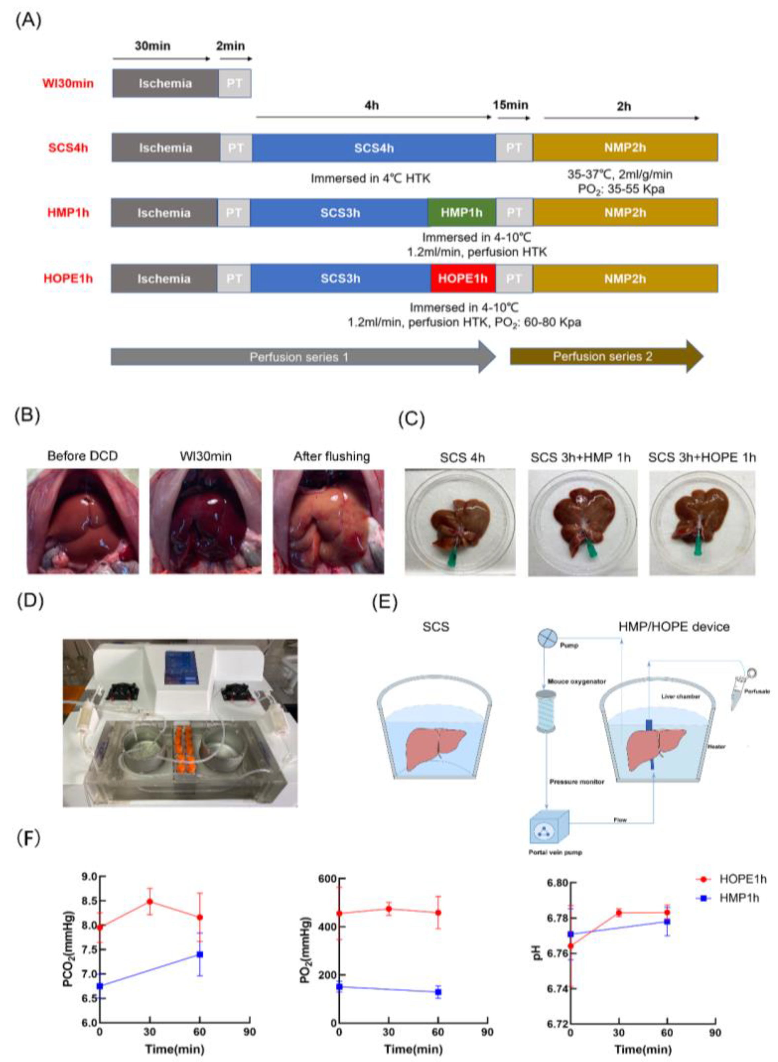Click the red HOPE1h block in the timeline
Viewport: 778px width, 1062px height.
463,278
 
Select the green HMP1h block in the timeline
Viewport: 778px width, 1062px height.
461,213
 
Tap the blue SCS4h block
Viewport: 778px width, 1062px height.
373,147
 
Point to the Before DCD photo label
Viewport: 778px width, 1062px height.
82,456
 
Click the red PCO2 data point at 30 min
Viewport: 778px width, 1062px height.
150,901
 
